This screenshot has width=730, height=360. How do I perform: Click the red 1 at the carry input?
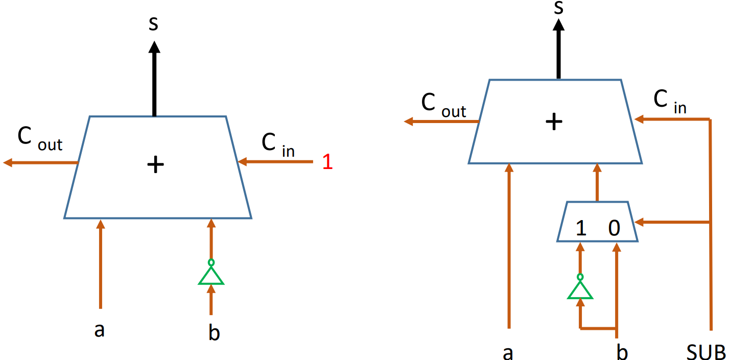(327, 162)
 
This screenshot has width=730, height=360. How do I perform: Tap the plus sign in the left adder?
(155, 165)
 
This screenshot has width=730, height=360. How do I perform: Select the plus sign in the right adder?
(554, 122)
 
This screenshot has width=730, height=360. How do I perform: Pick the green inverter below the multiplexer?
(580, 289)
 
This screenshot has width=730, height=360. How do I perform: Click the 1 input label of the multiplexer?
(581, 228)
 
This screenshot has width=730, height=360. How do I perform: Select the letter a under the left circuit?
(100, 330)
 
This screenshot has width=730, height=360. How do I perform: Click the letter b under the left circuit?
(214, 332)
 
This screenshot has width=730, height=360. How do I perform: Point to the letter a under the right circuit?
(508, 352)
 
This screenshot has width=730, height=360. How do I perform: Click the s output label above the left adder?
(153, 25)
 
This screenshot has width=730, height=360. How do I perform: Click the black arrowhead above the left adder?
(154, 47)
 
